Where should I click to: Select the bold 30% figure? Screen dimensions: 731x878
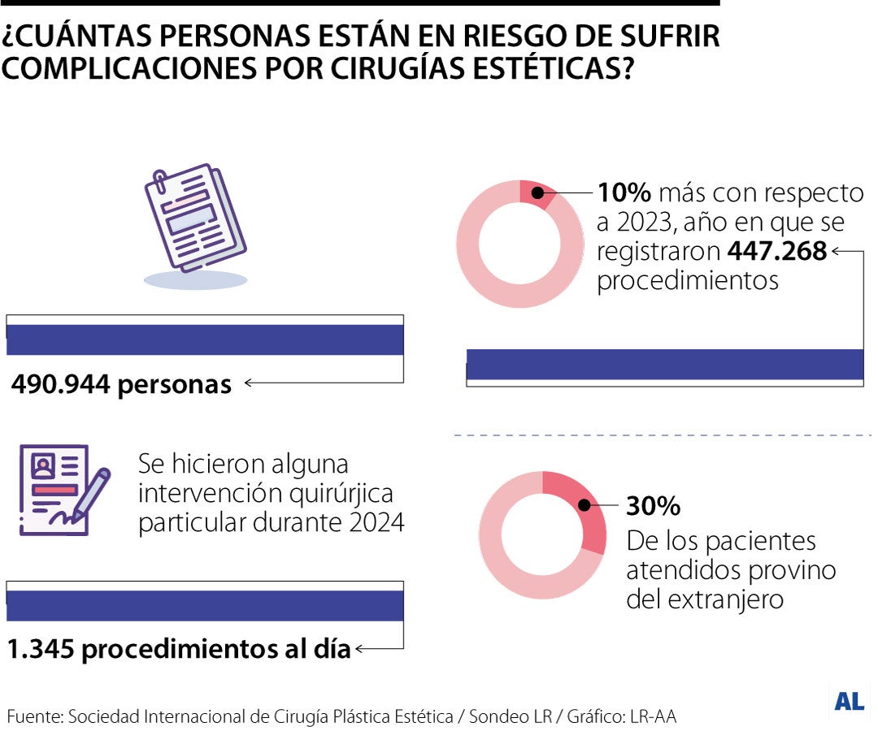(653, 506)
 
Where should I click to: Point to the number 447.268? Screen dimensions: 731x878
(776, 252)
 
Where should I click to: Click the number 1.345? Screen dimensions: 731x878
(40, 649)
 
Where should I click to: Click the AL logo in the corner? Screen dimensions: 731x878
(849, 702)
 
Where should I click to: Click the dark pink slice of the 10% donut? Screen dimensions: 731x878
(537, 192)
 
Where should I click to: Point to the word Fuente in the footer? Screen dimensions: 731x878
(33, 716)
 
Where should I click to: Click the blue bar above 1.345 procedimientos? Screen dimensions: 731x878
(205, 606)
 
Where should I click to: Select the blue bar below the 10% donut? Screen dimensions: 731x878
(664, 364)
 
